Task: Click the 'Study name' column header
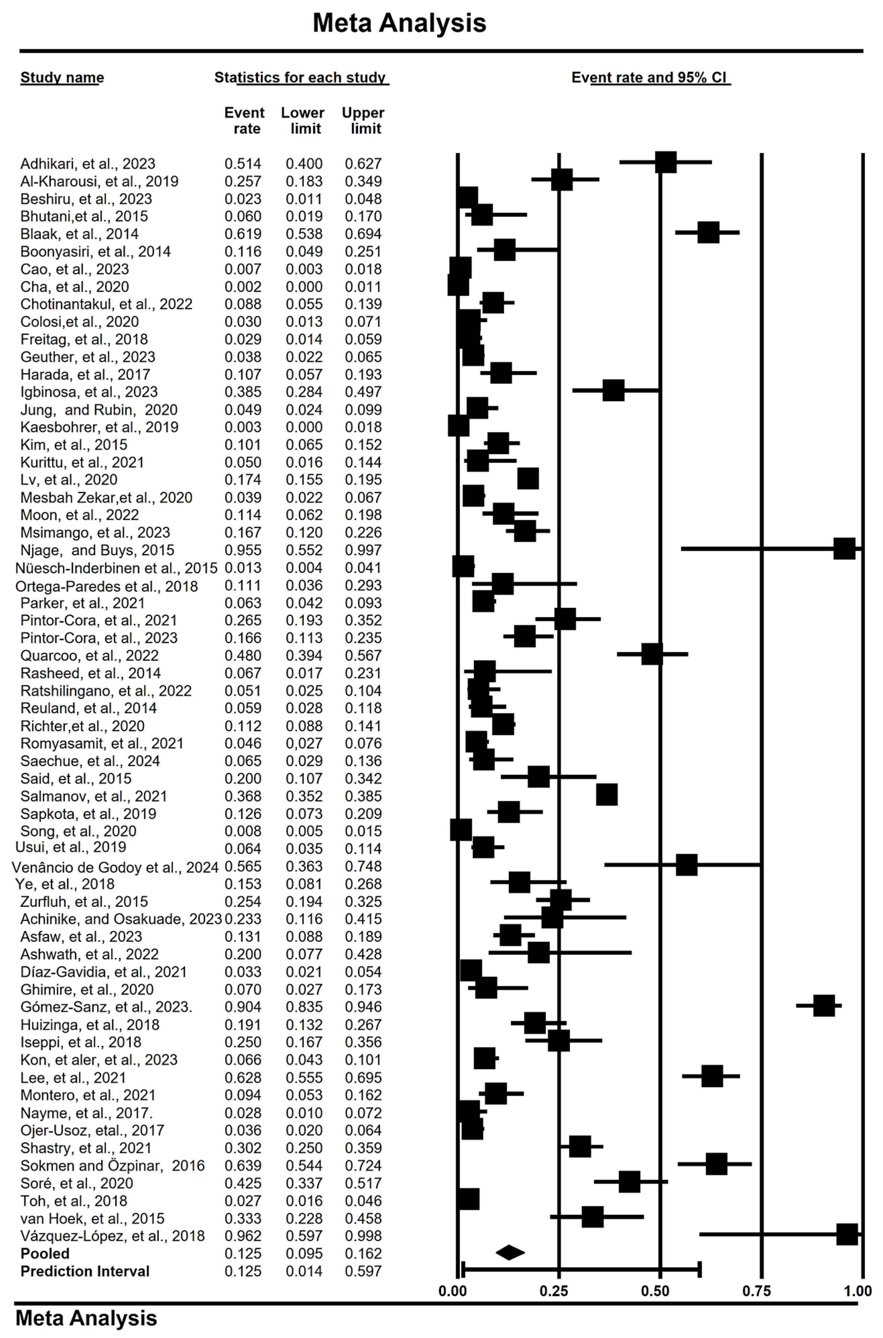(x=62, y=78)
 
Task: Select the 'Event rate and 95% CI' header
(x=650, y=78)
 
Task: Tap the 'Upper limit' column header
(x=363, y=120)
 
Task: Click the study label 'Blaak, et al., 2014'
(x=79, y=234)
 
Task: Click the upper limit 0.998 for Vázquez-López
(x=363, y=1236)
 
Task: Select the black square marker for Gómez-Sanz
(x=824, y=1006)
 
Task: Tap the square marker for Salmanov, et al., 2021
(x=606, y=794)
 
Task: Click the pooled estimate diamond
(x=510, y=1252)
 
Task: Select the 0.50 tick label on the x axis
(x=655, y=1291)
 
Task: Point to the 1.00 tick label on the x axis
(x=858, y=1291)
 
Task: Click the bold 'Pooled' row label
(x=45, y=1253)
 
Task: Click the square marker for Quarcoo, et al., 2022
(x=652, y=654)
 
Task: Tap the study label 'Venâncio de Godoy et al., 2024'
(x=115, y=867)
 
